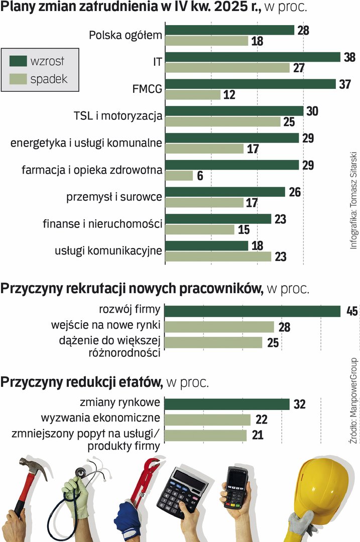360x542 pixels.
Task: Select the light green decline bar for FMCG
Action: click(193, 94)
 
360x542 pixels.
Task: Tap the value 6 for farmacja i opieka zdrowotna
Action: click(200, 176)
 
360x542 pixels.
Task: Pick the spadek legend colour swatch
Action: click(18, 79)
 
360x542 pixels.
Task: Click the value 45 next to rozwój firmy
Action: click(351, 311)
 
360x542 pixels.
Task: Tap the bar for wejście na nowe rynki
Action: click(219, 327)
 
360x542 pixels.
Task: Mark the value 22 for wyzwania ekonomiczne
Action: click(262, 420)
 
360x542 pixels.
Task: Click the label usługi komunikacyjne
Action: click(108, 251)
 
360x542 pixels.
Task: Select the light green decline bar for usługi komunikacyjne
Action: click(218, 256)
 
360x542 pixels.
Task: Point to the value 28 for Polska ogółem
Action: click(303, 30)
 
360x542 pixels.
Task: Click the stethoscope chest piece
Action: click(79, 473)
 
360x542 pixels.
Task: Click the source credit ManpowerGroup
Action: click(353, 391)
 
